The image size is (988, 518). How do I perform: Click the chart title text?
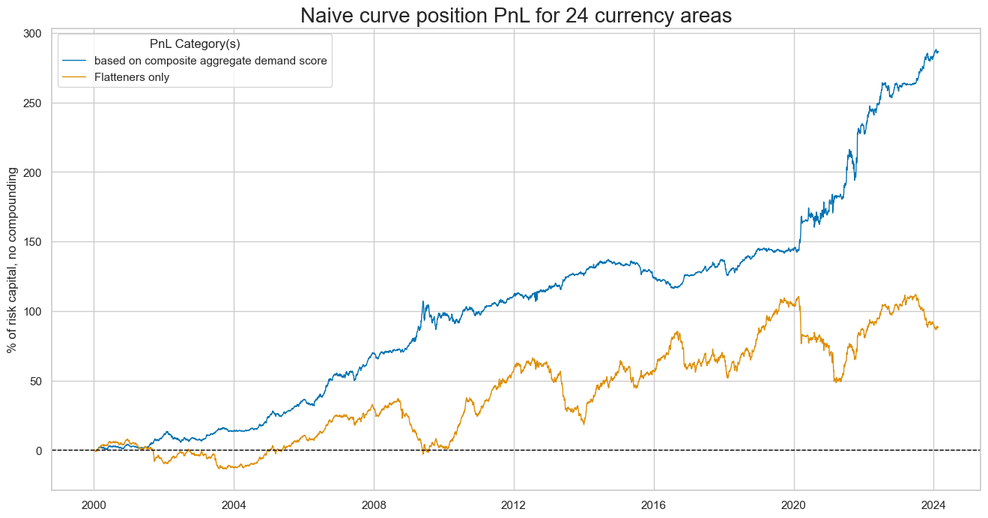pos(494,16)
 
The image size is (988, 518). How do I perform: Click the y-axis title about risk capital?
pos(12,260)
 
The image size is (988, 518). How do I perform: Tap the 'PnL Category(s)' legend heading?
pos(195,43)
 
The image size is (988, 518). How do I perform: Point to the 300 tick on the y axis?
pos(33,34)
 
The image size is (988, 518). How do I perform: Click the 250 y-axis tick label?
pos(33,103)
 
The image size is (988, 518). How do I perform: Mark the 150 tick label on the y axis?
pos(33,242)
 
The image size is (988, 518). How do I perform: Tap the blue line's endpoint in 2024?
pos(937,51)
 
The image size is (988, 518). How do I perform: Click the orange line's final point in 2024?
pos(937,327)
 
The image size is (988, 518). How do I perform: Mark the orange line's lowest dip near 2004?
pos(222,469)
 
